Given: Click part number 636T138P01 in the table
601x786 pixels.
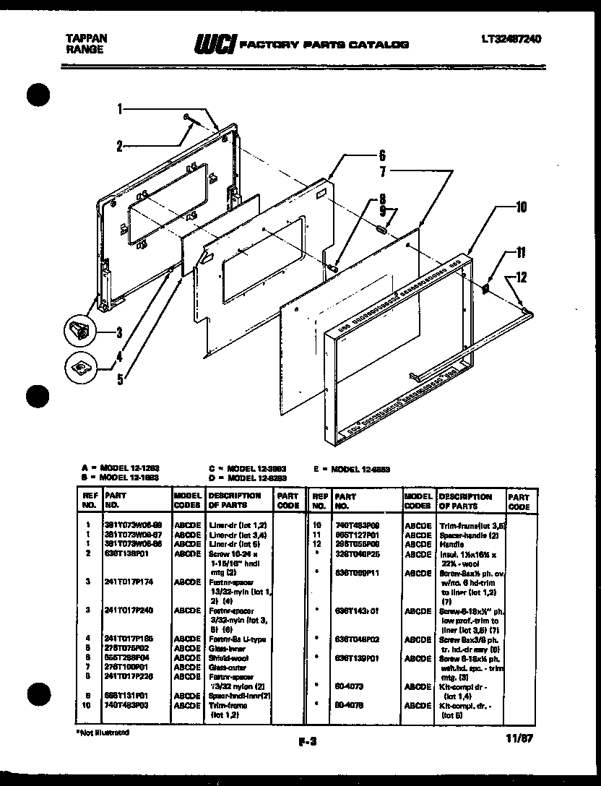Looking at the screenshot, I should pyautogui.click(x=126, y=553).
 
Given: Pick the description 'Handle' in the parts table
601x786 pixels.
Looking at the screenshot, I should pyautogui.click(x=452, y=543).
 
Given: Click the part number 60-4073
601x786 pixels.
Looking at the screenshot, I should pyautogui.click(x=345, y=686).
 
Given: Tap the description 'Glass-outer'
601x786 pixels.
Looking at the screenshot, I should pyautogui.click(x=225, y=667).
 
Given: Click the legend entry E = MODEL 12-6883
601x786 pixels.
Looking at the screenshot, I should pyautogui.click(x=352, y=468).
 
